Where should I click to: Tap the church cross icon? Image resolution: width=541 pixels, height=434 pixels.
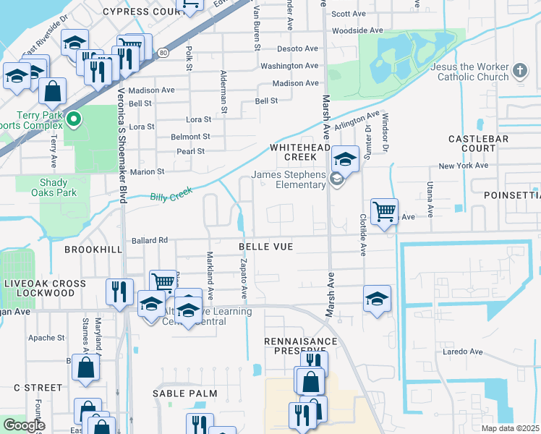(519, 71)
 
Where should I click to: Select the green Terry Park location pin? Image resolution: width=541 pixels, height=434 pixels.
(74, 119)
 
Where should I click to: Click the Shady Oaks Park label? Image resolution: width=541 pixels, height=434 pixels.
(54, 188)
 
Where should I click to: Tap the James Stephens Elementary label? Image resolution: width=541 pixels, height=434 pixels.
(289, 179)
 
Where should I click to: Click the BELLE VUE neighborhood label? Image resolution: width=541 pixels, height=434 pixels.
(266, 247)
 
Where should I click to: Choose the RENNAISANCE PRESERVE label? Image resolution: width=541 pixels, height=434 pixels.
(300, 346)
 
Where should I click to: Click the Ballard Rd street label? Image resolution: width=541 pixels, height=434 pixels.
(150, 240)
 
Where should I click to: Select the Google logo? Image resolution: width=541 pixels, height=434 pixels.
(24, 425)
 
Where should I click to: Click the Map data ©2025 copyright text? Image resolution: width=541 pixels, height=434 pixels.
(510, 428)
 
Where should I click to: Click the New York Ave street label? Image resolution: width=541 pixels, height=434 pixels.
(463, 166)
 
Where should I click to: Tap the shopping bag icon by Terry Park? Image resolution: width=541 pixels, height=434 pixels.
(52, 91)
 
